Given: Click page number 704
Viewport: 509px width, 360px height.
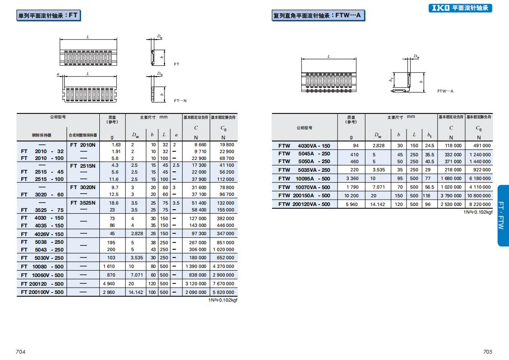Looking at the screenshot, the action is [x=21, y=351].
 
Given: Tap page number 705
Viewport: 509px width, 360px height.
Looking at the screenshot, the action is [x=488, y=351].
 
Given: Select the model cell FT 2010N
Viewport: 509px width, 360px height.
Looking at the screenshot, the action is [x=83, y=145].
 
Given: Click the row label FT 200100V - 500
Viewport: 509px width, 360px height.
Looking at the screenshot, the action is [x=42, y=292].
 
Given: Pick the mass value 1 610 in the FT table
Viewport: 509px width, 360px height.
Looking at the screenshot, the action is [x=109, y=267].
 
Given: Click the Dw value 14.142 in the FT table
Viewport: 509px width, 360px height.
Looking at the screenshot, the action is [x=136, y=292].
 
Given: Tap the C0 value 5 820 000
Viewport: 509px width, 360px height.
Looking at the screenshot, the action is [x=223, y=292].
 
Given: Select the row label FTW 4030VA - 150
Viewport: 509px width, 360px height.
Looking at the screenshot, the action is [x=304, y=146].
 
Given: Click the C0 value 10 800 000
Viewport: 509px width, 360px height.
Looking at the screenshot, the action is [x=479, y=196].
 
